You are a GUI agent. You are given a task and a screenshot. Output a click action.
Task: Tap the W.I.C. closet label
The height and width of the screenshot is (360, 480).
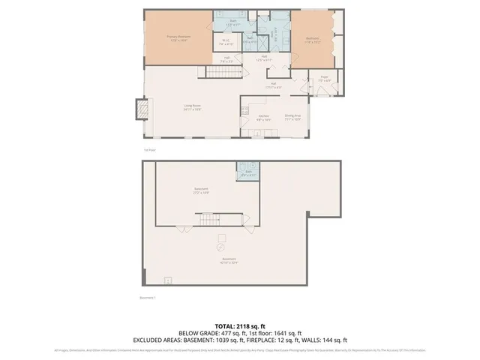[x=225, y=43]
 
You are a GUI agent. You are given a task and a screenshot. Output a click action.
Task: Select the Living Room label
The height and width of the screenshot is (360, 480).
[x=193, y=107]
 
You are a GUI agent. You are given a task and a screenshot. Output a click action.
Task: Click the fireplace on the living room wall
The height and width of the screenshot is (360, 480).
[x=140, y=110]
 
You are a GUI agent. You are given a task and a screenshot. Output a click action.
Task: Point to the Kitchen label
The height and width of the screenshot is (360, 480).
[x=264, y=116]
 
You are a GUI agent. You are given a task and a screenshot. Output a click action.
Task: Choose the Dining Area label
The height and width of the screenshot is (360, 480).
[x=292, y=116]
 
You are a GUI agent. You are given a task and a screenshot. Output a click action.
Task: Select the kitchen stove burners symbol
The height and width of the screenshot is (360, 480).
[x=244, y=110]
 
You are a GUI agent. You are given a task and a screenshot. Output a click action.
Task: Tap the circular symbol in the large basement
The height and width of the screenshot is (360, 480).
[x=220, y=246]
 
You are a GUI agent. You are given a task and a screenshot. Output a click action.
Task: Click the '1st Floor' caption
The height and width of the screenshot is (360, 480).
[x=148, y=150]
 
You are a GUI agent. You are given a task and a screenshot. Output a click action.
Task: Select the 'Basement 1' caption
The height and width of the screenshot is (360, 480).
[x=148, y=297]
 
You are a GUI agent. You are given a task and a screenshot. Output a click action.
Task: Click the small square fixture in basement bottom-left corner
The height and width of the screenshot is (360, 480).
[x=168, y=280]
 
